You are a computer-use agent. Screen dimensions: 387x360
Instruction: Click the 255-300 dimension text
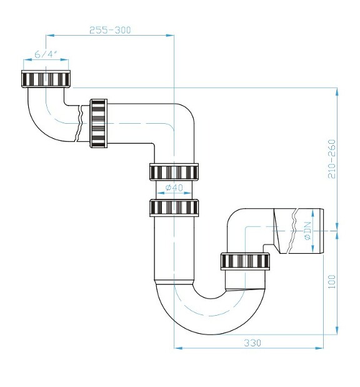(x=110, y=30)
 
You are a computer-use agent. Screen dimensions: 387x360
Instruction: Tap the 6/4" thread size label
(x=46, y=54)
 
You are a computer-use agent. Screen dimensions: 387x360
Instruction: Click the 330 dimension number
(x=252, y=343)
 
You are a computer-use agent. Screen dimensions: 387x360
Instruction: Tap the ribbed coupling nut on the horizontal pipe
(x=98, y=123)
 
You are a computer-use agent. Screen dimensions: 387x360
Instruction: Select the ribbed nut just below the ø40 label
(x=174, y=207)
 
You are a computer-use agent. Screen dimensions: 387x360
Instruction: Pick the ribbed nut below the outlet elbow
(x=244, y=261)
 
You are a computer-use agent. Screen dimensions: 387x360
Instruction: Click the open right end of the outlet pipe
(x=324, y=231)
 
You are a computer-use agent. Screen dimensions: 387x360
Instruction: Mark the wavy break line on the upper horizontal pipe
(x=79, y=123)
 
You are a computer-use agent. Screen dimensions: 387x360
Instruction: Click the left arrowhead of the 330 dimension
(x=177, y=348)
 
